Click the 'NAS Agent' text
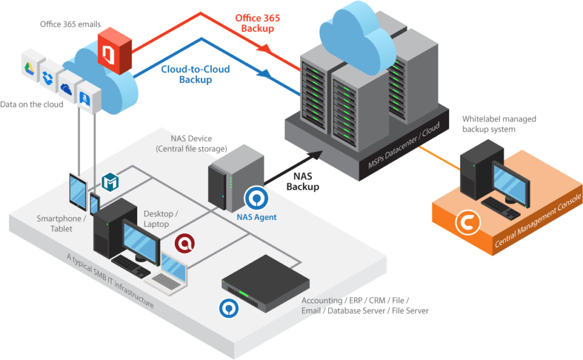(x=257, y=216)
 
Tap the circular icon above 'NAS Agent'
(x=256, y=198)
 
